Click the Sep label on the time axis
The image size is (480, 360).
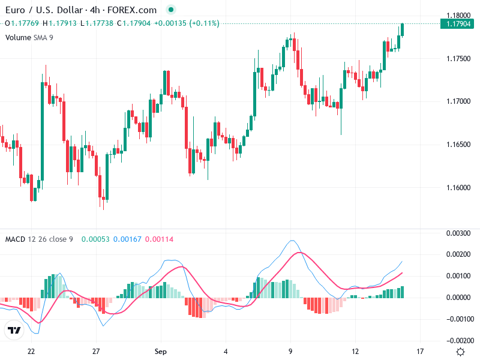(x=160, y=351)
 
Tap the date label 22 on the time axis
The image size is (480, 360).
(x=31, y=351)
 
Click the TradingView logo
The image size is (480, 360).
(x=14, y=331)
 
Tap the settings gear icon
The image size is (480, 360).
(x=460, y=352)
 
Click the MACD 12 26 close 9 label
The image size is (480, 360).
(x=39, y=239)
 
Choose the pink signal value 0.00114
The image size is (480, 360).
(x=159, y=239)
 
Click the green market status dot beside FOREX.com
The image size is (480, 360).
(x=171, y=10)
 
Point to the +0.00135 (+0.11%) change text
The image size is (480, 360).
(x=187, y=23)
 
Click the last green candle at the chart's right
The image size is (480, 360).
(x=403, y=29)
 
